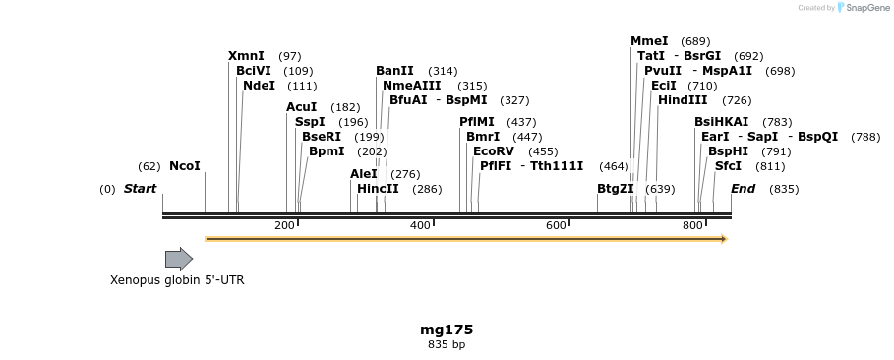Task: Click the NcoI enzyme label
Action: point(185,166)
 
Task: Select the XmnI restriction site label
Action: point(245,56)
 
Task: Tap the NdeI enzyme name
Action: point(259,86)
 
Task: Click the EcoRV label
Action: point(494,151)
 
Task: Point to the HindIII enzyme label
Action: point(683,100)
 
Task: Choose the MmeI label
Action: point(649,41)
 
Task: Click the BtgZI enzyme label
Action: point(616,189)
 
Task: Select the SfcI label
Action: point(728,166)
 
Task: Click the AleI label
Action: point(364,174)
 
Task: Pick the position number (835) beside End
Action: point(784,189)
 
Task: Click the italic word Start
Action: point(140,189)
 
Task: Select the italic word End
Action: point(743,189)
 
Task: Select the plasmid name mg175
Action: point(447,330)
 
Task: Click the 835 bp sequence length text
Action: point(447,344)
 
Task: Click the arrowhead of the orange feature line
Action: point(723,239)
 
